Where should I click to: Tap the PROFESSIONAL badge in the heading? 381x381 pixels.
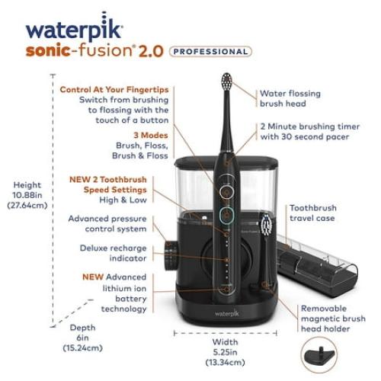click(210, 52)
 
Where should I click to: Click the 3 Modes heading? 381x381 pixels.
click(151, 135)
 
